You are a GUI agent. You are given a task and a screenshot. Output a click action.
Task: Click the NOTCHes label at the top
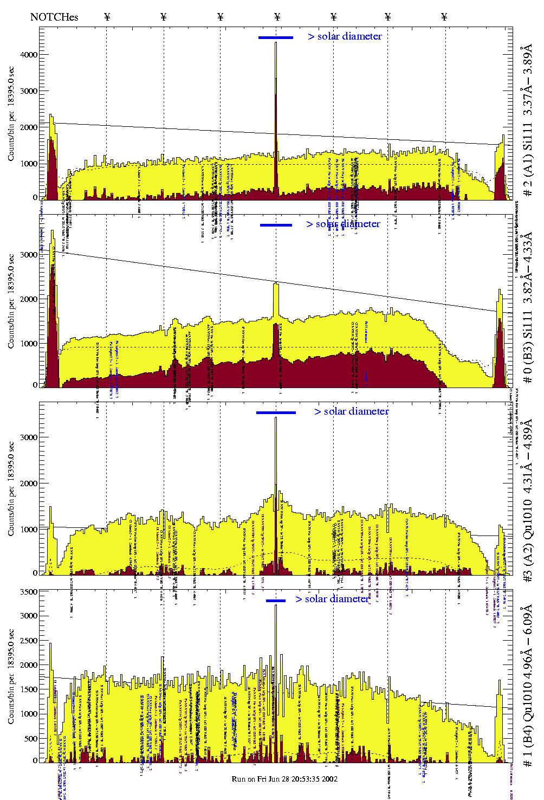point(54,17)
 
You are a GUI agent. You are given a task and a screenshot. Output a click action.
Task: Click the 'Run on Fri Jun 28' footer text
point(284,779)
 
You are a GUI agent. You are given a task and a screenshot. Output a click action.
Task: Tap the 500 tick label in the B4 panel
point(30,738)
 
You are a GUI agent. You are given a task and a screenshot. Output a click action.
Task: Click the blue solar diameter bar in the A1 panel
point(276,37)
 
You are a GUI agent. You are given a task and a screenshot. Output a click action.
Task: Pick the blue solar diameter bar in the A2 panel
point(276,412)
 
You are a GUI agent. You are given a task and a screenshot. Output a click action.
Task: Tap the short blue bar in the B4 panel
point(276,601)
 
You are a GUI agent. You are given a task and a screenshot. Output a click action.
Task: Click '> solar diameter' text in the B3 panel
point(343,224)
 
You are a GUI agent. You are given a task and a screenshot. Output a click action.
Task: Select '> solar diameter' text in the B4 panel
point(332,599)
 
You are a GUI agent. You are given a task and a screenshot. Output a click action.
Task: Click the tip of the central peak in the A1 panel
point(276,43)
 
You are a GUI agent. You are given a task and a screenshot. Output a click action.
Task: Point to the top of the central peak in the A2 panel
point(276,418)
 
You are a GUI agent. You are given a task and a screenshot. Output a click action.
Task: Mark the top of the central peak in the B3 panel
point(276,283)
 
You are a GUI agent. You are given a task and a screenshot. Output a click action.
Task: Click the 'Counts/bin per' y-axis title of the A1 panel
point(11,114)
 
